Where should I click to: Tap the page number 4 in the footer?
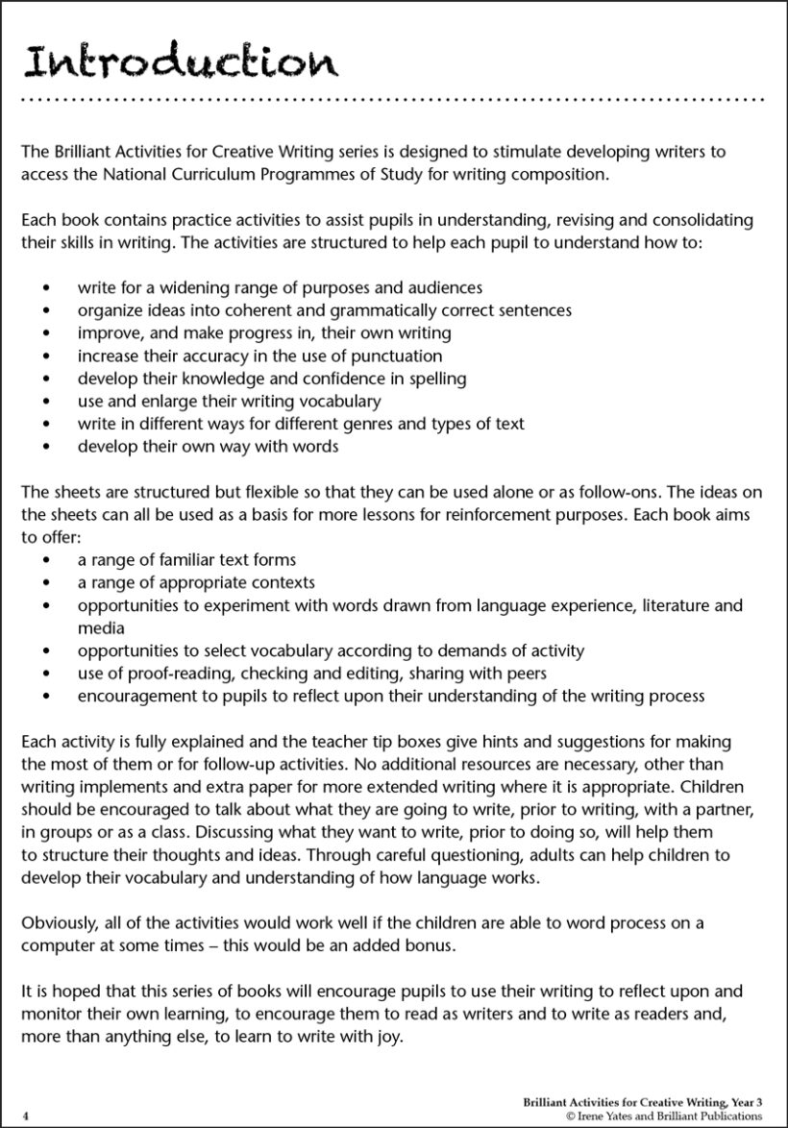(x=25, y=1116)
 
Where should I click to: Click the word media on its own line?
(x=101, y=628)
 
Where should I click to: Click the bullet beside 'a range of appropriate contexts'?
(x=46, y=583)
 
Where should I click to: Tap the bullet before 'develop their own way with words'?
(x=46, y=447)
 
